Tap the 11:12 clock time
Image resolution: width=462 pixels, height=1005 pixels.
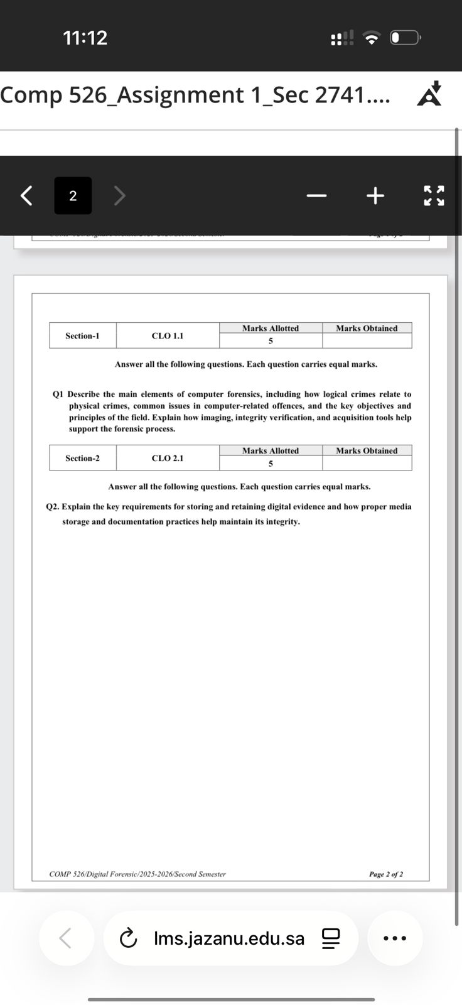pos(85,38)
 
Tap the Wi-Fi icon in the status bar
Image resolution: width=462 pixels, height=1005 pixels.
pos(372,38)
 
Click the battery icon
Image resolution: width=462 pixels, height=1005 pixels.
pos(405,38)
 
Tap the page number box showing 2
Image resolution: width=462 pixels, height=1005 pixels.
pos(73,196)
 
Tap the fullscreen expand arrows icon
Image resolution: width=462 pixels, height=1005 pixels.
pos(434,196)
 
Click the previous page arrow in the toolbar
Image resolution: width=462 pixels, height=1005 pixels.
pos(26,196)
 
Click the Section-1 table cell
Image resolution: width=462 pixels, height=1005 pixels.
pos(82,336)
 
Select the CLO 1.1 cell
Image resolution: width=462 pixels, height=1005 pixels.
pos(168,336)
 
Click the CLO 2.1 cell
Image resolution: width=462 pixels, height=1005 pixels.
pos(168,459)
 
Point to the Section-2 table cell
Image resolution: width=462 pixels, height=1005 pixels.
pos(82,459)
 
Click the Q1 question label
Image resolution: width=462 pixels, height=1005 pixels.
pos(58,394)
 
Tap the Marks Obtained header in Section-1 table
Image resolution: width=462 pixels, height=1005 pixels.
pos(367,329)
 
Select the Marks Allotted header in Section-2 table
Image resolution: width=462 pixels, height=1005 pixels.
pos(271,451)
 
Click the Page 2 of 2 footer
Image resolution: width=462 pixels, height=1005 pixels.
pos(386,874)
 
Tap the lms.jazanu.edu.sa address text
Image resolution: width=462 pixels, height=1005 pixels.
pos(229,938)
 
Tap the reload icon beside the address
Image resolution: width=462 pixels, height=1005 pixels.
pos(128,938)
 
